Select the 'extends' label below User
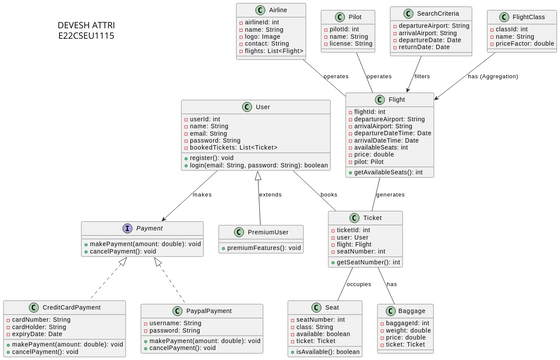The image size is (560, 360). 270,194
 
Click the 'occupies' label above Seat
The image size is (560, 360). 329,284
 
